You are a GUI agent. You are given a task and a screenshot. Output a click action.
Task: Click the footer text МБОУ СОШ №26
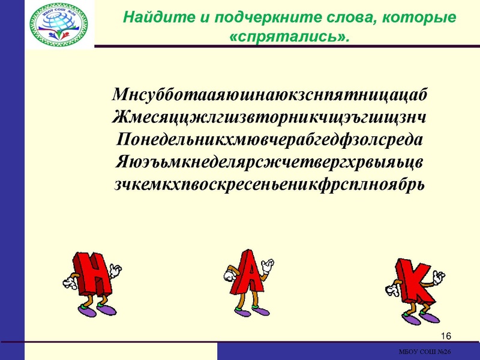coord(424,352)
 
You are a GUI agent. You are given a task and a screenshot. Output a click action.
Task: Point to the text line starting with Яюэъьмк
coord(269,161)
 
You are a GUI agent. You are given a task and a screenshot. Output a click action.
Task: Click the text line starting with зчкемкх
coord(269,183)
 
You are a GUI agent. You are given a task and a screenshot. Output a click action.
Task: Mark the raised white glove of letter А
coord(268,263)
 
